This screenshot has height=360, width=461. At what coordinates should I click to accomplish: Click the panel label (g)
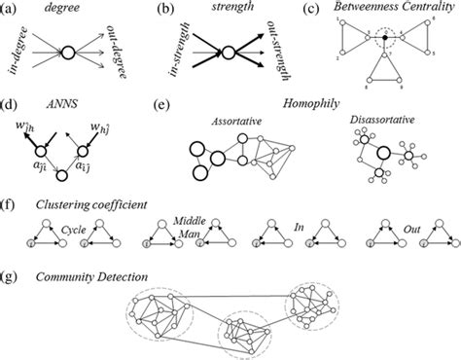[11, 279]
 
